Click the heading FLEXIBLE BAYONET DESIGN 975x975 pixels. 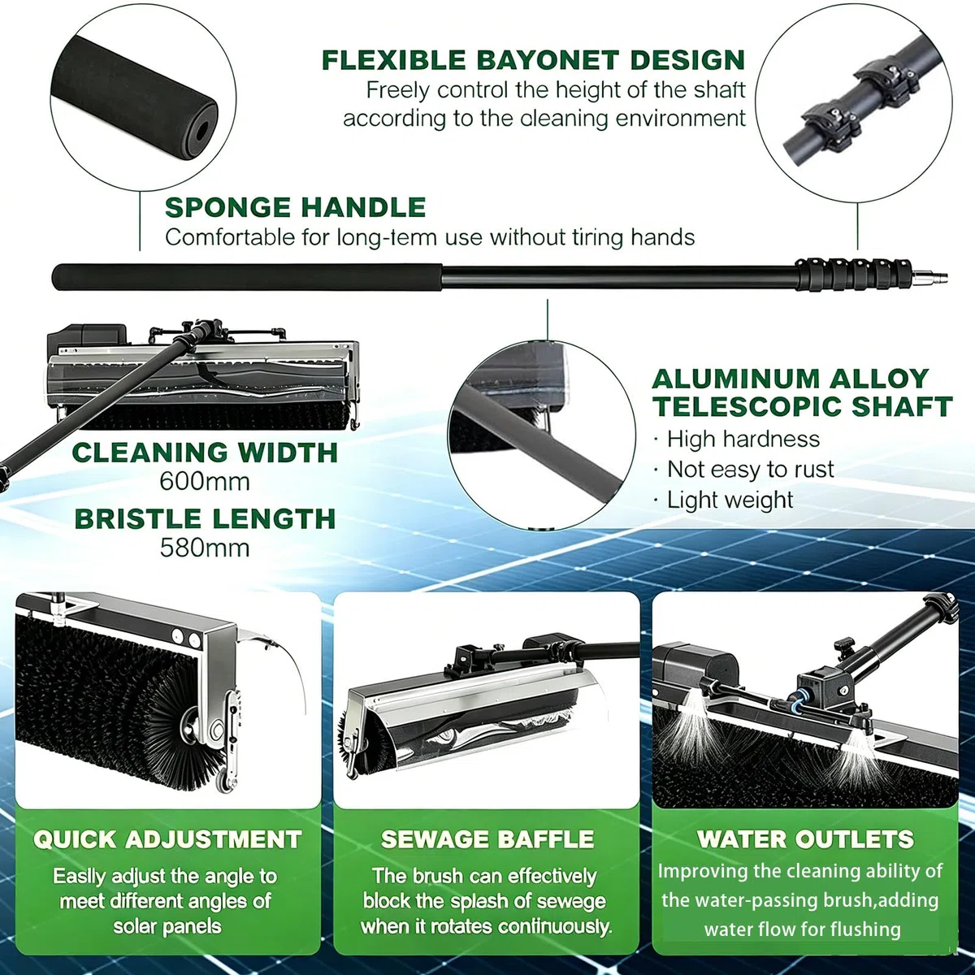(x=533, y=60)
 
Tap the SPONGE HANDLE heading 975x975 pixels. (x=296, y=207)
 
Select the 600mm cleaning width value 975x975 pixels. (x=205, y=482)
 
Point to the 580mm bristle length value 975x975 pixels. (x=205, y=548)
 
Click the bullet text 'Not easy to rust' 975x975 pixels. (x=751, y=470)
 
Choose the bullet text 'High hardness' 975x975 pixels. (x=743, y=440)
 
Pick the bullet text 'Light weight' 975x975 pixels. (x=730, y=500)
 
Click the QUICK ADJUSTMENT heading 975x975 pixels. (x=167, y=839)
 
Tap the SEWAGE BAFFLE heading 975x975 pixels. (x=487, y=839)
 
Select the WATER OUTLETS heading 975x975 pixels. (x=805, y=839)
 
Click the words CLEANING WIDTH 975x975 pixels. (x=205, y=453)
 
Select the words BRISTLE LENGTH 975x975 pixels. (x=205, y=518)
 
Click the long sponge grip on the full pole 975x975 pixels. (x=247, y=277)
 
